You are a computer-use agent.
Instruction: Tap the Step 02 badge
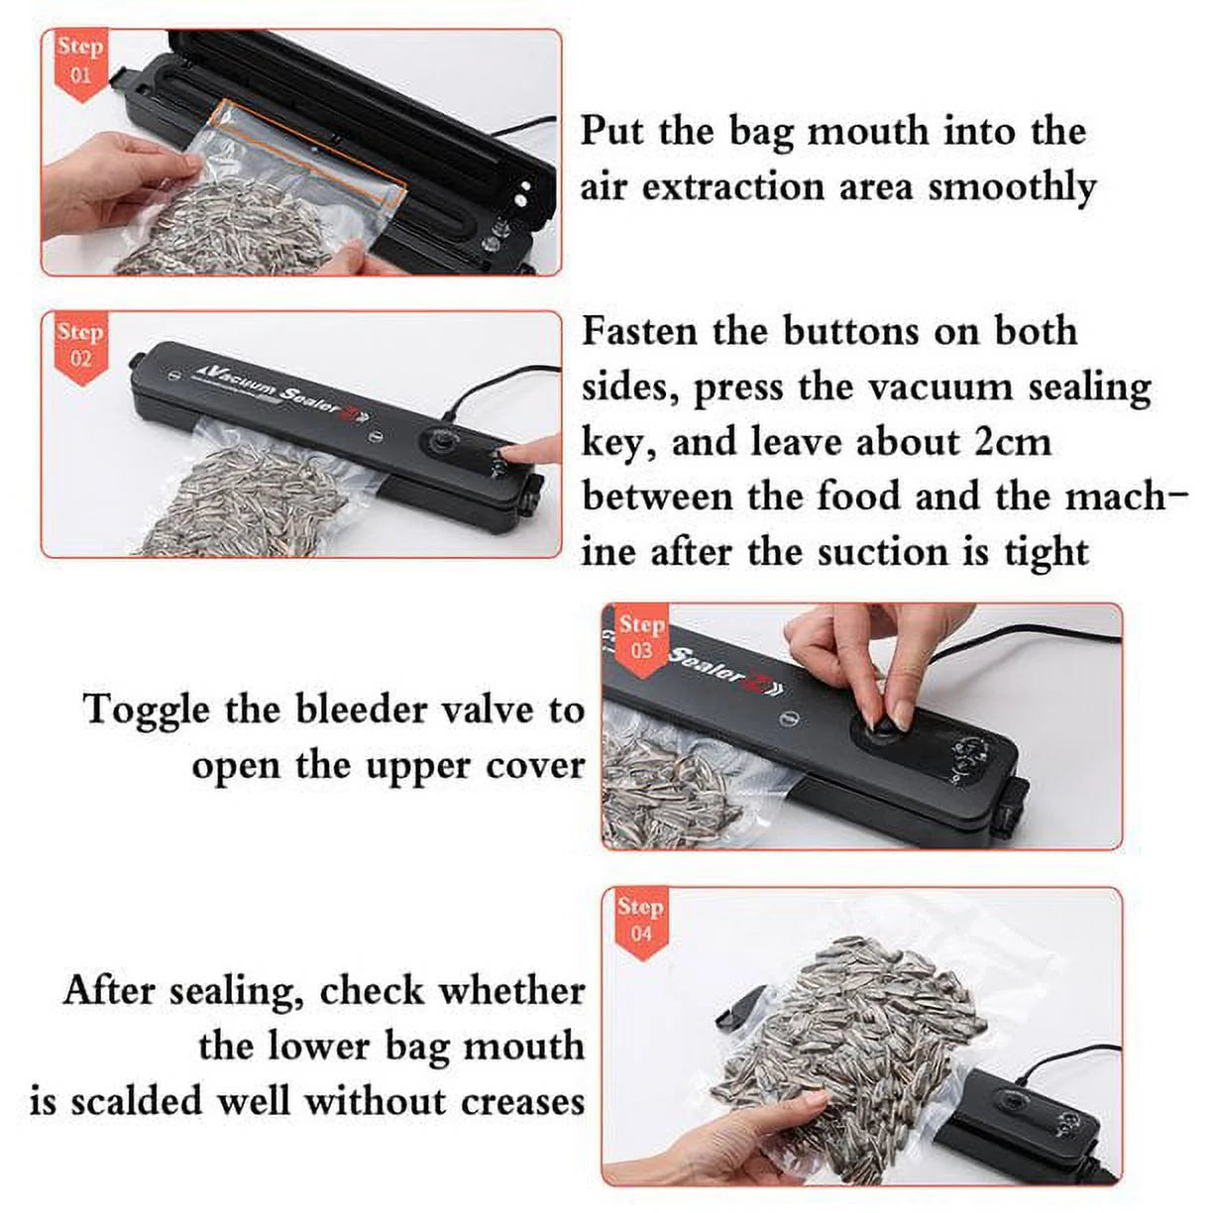(79, 345)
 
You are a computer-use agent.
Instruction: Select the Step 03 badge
(641, 636)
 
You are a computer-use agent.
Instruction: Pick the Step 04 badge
(640, 919)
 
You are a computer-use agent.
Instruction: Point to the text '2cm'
(1012, 441)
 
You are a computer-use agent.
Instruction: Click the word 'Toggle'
(147, 710)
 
